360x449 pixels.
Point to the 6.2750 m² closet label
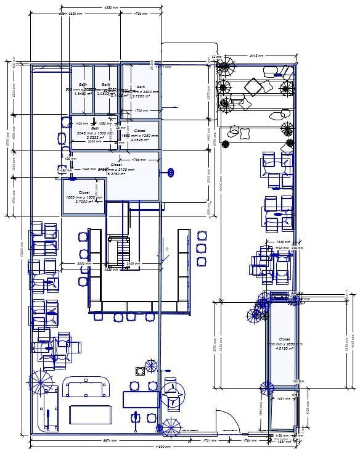point(117,174)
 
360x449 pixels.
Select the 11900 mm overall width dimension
point(162,446)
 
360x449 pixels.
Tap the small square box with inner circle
point(141,371)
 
